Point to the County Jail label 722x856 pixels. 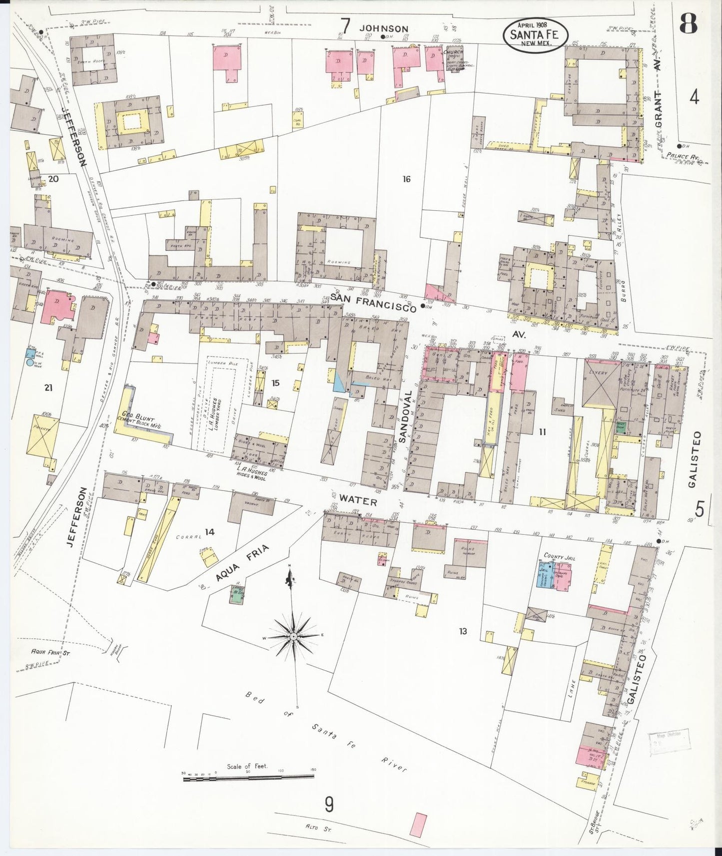pos(559,556)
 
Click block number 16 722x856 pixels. pos(406,179)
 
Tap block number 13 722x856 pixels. pos(463,631)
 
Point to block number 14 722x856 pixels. pos(209,532)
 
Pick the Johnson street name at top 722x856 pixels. pos(385,29)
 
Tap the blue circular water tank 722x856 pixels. pos(31,364)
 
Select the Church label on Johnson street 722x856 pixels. pos(455,52)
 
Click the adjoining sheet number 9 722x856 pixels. pos(329,804)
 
